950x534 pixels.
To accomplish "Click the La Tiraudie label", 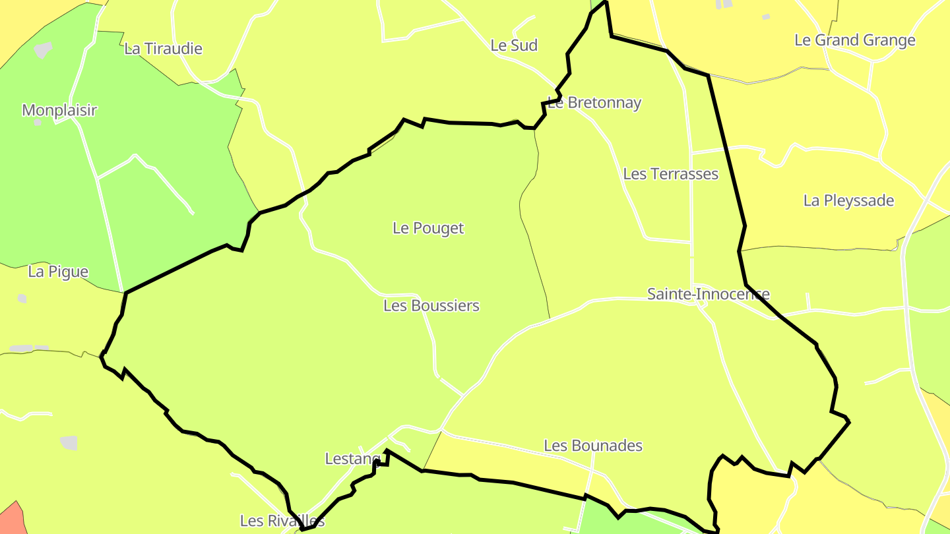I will coord(163,49).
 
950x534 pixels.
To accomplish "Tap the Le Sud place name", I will coord(514,45).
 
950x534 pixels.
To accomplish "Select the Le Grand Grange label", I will coord(854,40).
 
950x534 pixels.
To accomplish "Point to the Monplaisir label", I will coord(59,110).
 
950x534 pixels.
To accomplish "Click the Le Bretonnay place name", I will coord(594,103).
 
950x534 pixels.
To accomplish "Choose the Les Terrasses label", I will coord(670,174).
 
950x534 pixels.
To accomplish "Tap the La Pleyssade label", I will coord(848,200).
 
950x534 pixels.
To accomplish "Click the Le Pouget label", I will coord(428,228).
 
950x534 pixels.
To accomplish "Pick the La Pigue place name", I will coord(58,272).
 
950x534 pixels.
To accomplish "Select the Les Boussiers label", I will coord(431,306).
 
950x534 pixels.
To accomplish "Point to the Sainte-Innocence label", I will coord(708,294).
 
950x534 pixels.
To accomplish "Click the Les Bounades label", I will coord(592,446).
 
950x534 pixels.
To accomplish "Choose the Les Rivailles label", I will coord(282,521).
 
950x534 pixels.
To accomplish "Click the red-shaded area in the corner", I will coord(11,521).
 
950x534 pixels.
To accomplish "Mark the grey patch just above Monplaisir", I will coord(43,49).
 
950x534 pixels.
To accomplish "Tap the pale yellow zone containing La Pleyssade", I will coord(825,224).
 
